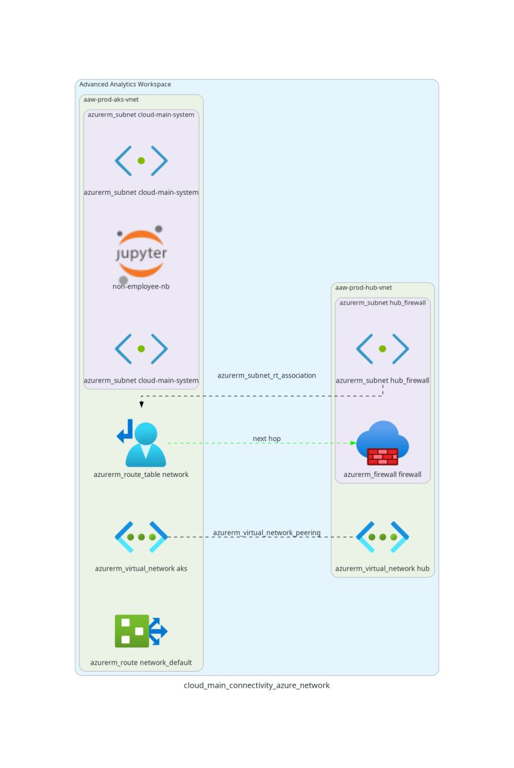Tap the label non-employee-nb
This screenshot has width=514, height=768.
click(141, 287)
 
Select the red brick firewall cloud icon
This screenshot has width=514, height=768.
click(382, 443)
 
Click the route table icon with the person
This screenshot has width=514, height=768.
click(141, 443)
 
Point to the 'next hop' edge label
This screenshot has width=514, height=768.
click(267, 439)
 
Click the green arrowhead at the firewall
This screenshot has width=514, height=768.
click(353, 443)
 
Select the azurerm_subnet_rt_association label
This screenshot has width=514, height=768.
click(267, 375)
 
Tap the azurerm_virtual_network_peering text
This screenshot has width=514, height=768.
click(267, 533)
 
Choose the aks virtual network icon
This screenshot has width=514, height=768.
click(141, 537)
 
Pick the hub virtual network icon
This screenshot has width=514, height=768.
click(382, 537)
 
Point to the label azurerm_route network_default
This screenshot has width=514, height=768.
click(141, 663)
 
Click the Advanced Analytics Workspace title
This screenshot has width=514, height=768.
click(125, 84)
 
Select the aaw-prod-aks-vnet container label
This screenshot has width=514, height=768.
click(111, 100)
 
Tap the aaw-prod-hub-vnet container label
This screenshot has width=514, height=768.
click(364, 287)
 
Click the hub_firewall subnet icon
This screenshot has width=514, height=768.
click(382, 349)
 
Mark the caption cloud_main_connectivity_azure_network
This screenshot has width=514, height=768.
click(257, 686)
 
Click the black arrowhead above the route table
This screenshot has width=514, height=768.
click(141, 404)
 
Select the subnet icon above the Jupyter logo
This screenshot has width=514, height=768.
click(141, 161)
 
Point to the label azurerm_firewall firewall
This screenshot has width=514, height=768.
click(382, 475)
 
